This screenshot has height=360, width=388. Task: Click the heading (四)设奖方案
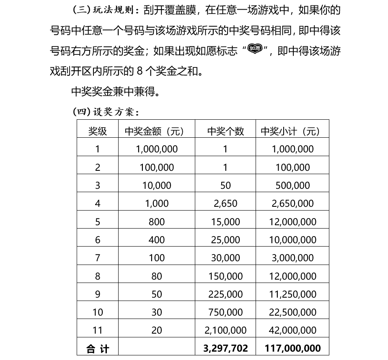coord(106,112)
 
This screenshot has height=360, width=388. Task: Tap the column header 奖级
coord(98,131)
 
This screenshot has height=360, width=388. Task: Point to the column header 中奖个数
coord(225,131)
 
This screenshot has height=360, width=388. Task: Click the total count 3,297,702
coord(225,348)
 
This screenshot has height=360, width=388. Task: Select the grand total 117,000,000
coord(293,348)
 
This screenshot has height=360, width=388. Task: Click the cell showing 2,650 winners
coord(225,203)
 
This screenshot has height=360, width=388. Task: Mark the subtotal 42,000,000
coord(293,330)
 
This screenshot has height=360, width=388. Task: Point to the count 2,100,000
coord(225,330)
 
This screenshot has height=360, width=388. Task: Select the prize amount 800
coord(157,222)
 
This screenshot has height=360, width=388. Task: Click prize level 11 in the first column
coord(98,330)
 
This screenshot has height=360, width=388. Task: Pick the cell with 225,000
coord(225,294)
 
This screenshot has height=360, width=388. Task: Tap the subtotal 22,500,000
coord(293,312)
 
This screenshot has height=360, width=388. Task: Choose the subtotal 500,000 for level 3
coord(293,185)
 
